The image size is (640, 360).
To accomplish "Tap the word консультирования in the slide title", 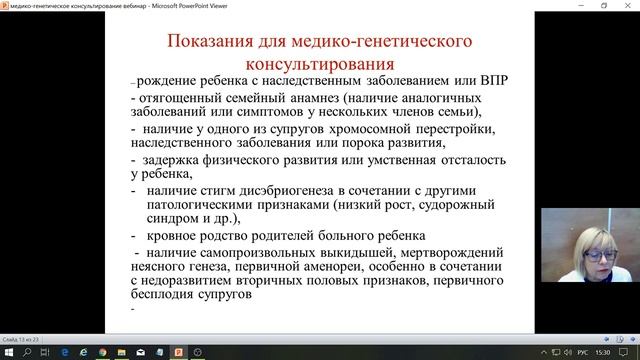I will [318, 63].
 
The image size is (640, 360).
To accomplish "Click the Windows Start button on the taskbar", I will [9, 352].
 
